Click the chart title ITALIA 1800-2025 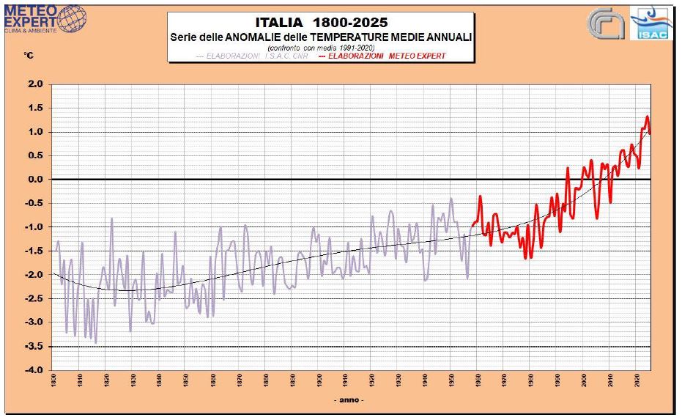pyautogui.click(x=321, y=23)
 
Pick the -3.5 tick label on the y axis pyautogui.click(x=34, y=346)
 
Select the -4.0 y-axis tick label pyautogui.click(x=34, y=370)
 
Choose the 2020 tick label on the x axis pyautogui.click(x=637, y=382)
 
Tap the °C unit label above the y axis pyautogui.click(x=29, y=56)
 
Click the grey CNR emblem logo pyautogui.click(x=605, y=25)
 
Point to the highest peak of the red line pyautogui.click(x=647, y=117)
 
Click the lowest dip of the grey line pyautogui.click(x=96, y=342)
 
